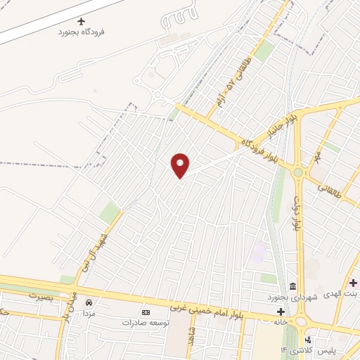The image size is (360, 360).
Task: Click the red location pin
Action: pos(181,165)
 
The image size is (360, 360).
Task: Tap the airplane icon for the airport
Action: pos(82,22)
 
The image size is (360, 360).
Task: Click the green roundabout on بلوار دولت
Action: pos(299,172)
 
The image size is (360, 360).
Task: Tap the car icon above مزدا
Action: pos(89,301)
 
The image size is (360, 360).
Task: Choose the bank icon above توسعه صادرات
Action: pos(146,312)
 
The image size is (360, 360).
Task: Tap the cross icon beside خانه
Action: pos(281,311)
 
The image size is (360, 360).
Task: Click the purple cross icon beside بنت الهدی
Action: pos(353,283)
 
